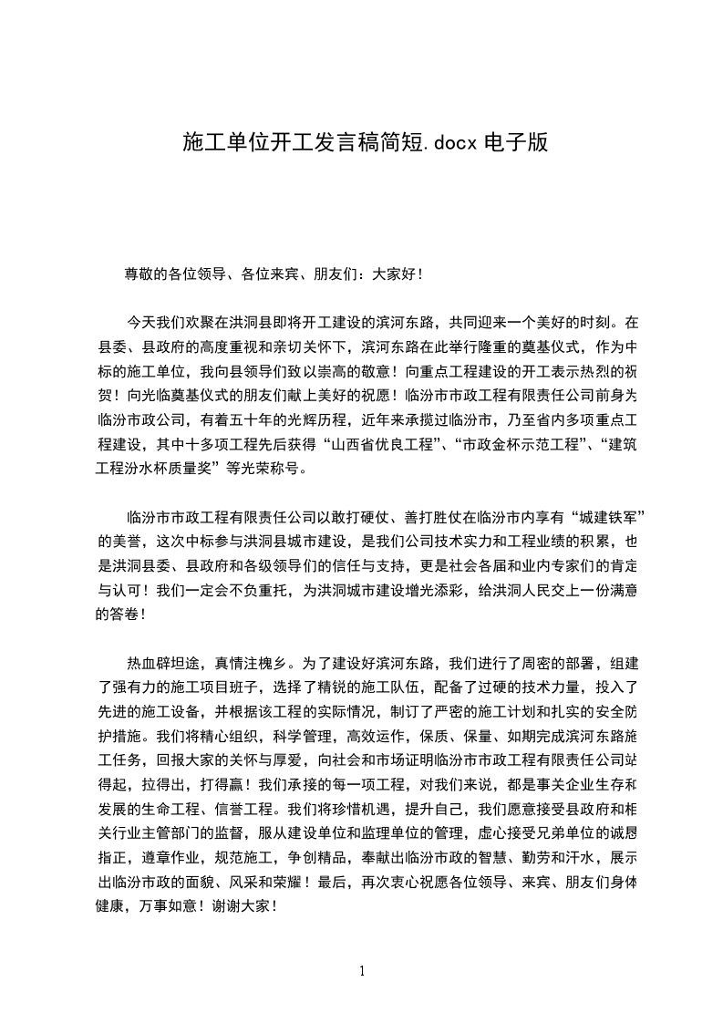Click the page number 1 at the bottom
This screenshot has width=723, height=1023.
(362, 970)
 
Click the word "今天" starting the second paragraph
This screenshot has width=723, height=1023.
(140, 322)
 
